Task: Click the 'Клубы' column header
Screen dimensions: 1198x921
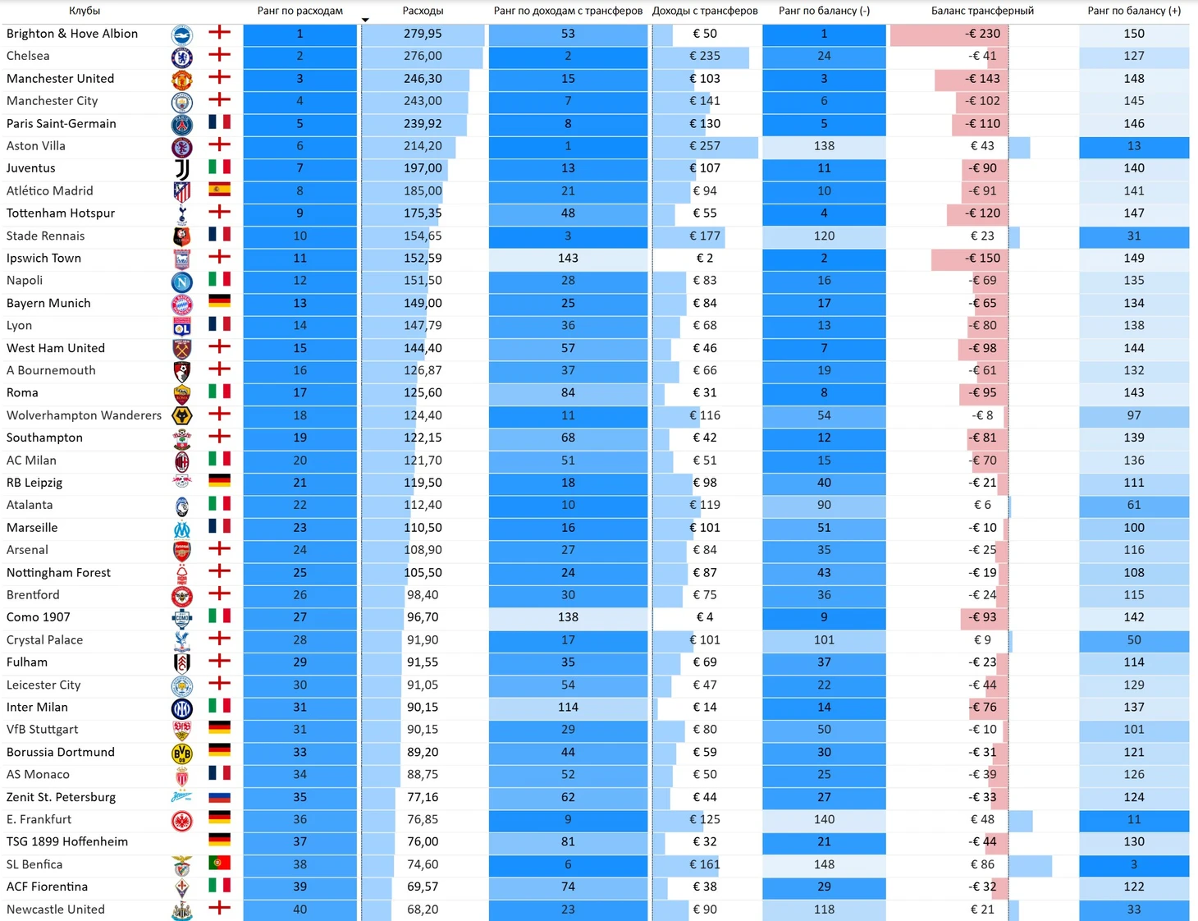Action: pos(84,11)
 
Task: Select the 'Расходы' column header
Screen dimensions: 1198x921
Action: pos(423,11)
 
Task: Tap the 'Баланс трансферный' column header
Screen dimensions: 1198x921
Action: pos(982,11)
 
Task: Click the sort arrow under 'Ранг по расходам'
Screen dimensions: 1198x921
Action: pos(365,20)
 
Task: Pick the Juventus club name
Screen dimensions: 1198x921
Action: pos(31,168)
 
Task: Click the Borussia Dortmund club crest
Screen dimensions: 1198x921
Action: pos(181,753)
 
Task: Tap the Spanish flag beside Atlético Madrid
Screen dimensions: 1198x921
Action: pos(219,190)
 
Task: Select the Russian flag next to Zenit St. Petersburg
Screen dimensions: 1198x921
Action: pos(219,797)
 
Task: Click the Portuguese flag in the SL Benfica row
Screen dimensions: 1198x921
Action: pos(219,864)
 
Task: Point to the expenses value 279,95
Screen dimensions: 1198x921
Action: pos(423,34)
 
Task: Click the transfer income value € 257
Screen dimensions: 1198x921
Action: pos(705,146)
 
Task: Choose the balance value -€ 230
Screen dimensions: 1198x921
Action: pos(982,34)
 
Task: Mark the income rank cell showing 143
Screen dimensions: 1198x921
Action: pos(568,258)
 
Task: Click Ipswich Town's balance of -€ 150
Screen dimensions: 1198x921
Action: pos(982,258)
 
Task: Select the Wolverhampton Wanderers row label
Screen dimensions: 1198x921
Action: pos(84,415)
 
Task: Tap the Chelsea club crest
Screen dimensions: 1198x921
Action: pos(181,57)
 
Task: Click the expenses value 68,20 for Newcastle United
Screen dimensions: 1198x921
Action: pos(423,909)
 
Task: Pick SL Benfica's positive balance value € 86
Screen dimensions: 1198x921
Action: pos(982,864)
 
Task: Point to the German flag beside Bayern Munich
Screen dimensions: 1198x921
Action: pos(219,301)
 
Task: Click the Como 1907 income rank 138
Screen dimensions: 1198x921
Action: pos(568,617)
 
